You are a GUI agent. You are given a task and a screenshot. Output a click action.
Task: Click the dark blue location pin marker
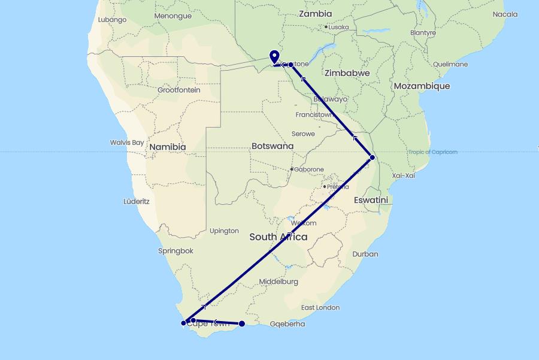pyautogui.click(x=275, y=57)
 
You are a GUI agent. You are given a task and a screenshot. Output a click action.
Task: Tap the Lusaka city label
pyautogui.click(x=338, y=27)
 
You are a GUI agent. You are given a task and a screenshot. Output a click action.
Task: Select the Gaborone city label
pyautogui.click(x=309, y=170)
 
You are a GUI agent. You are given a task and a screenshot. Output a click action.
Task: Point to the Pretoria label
pyautogui.click(x=338, y=187)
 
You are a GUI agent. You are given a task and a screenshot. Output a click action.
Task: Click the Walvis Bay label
pyautogui.click(x=127, y=143)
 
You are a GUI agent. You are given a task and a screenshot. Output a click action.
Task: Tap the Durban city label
pyautogui.click(x=365, y=254)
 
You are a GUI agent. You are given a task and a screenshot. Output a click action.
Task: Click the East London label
pyautogui.click(x=320, y=308)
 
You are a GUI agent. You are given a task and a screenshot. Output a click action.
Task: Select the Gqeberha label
pyautogui.click(x=287, y=324)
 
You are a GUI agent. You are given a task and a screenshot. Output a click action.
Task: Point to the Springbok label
pyautogui.click(x=176, y=251)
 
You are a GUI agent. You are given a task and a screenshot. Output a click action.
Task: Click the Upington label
pyautogui.click(x=225, y=231)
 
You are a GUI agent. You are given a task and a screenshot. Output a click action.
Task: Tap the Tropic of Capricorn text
pyautogui.click(x=433, y=152)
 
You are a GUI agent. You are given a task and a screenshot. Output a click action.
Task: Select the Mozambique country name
pyautogui.click(x=422, y=86)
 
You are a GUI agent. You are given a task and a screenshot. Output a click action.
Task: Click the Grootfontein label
pyautogui.click(x=178, y=90)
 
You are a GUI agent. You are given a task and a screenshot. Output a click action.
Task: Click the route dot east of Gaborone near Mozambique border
pyautogui.click(x=373, y=158)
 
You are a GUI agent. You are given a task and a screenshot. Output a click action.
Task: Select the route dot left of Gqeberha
pyautogui.click(x=242, y=324)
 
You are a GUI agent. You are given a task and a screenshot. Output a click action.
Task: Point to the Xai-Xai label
pyautogui.click(x=403, y=176)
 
